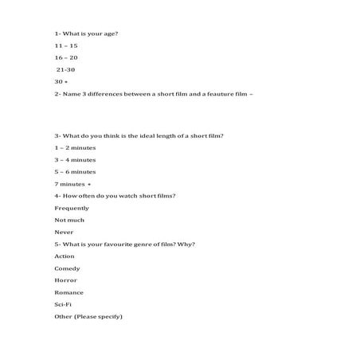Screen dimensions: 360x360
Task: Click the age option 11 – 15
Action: pyautogui.click(x=66, y=46)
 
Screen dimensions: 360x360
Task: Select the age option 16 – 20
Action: pyautogui.click(x=66, y=58)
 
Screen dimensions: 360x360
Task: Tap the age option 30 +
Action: pyautogui.click(x=61, y=82)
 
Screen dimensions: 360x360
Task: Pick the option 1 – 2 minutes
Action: pyautogui.click(x=75, y=147)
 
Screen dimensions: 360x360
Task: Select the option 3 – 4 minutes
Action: pyautogui.click(x=75, y=159)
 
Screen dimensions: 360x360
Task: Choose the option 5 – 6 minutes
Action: pyautogui.click(x=75, y=171)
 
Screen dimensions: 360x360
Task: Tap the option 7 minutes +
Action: pyautogui.click(x=72, y=184)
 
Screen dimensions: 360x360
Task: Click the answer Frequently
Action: pyautogui.click(x=72, y=208)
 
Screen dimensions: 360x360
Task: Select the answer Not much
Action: pyautogui.click(x=69, y=220)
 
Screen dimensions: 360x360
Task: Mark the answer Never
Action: pyautogui.click(x=64, y=232)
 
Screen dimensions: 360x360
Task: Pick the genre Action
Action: pyautogui.click(x=65, y=256)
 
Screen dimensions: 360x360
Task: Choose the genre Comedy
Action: pyautogui.click(x=67, y=268)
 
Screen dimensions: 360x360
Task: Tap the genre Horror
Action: pyautogui.click(x=66, y=280)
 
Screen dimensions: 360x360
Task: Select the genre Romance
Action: pyautogui.click(x=68, y=292)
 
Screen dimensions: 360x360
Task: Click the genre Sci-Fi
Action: pyautogui.click(x=64, y=304)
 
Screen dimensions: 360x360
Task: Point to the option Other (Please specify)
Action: pyautogui.click(x=88, y=317)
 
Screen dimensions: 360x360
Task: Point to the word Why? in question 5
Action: pyautogui.click(x=187, y=244)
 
